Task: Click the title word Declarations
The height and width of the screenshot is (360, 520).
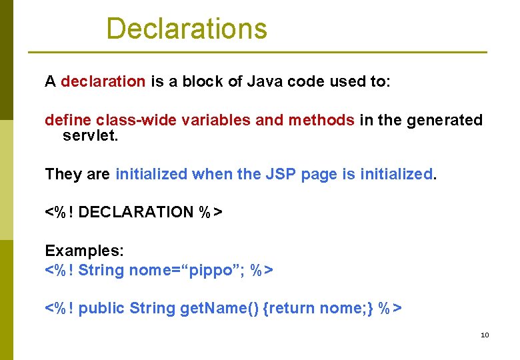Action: click(187, 29)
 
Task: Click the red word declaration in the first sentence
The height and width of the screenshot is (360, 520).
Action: click(103, 82)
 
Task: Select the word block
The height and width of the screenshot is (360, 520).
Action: click(204, 82)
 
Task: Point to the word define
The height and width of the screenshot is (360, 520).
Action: click(68, 120)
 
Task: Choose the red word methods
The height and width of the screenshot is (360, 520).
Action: click(321, 120)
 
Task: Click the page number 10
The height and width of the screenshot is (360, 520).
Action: click(485, 335)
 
